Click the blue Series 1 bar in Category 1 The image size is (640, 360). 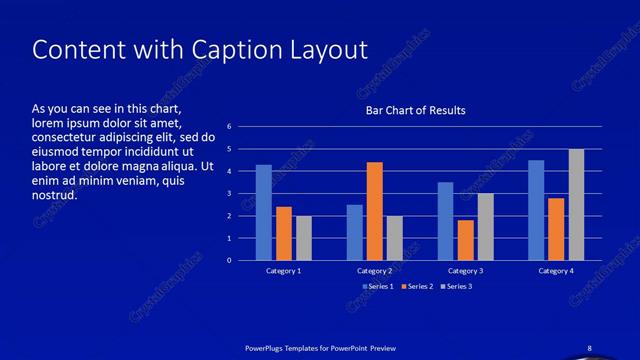click(264, 212)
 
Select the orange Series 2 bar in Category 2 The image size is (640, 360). click(374, 211)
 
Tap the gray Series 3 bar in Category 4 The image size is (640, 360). click(576, 204)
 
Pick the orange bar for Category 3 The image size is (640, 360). click(465, 240)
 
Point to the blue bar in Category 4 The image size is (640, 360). click(536, 210)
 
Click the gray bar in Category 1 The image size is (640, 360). click(304, 238)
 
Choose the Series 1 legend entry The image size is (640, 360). click(378, 287)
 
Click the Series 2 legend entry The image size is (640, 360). click(418, 287)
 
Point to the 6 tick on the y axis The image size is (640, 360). click(230, 127)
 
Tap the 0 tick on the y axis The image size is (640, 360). click(230, 260)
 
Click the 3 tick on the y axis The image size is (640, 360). click(230, 194)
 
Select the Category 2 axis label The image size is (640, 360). click(374, 271)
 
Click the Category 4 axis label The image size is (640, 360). click(556, 271)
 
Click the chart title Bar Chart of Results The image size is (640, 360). click(414, 110)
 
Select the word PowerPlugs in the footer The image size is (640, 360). click(267, 347)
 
